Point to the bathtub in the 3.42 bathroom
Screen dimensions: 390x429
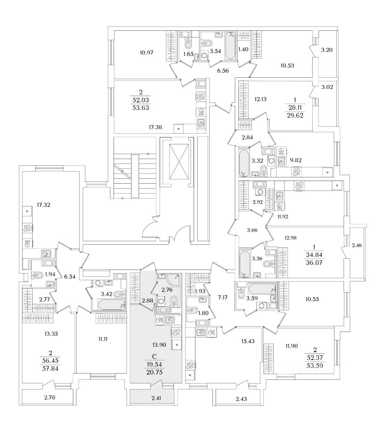110,306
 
